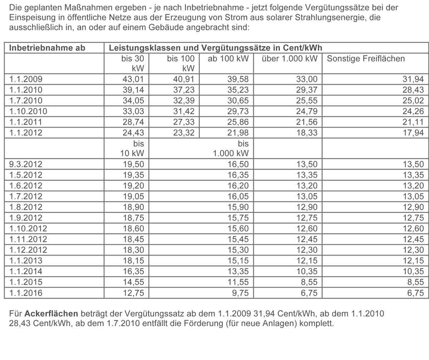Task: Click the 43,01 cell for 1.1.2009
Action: click(x=133, y=79)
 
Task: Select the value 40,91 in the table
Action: click(x=184, y=79)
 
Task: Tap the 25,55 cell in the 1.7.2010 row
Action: click(x=307, y=100)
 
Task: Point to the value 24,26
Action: click(x=414, y=111)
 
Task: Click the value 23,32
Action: click(x=184, y=133)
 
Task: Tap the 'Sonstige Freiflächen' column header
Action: click(x=366, y=59)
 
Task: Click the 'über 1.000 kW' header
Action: click(x=289, y=59)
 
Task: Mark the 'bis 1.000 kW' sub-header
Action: click(x=231, y=148)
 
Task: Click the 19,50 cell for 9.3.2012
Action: click(x=133, y=164)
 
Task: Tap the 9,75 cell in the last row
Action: click(x=240, y=293)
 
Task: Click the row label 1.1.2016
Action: click(x=26, y=293)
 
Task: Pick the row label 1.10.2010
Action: click(x=28, y=111)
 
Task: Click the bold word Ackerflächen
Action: click(x=51, y=314)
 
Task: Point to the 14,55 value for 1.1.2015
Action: click(x=133, y=282)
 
